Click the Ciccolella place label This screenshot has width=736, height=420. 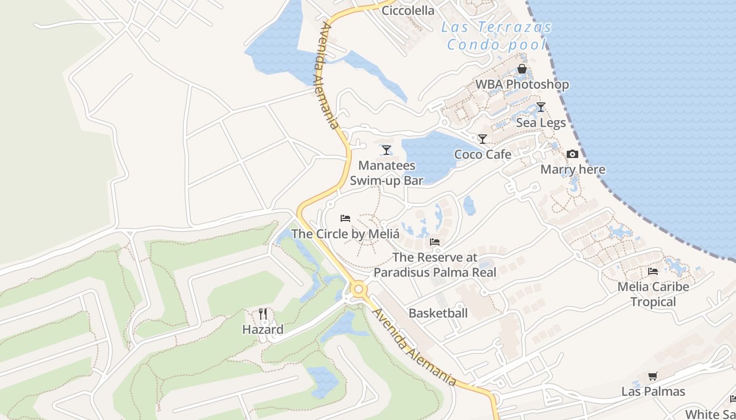[408, 10]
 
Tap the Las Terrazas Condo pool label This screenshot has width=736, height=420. [496, 36]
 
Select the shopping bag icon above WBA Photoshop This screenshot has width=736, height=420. [522, 69]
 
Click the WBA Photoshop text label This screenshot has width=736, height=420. [522, 85]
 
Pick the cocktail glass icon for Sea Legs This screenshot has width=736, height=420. [540, 107]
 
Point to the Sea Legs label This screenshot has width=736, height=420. [540, 123]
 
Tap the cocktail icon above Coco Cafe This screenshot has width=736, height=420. [482, 139]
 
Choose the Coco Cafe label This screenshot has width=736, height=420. [482, 154]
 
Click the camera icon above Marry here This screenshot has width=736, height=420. [572, 154]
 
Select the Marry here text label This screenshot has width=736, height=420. [573, 170]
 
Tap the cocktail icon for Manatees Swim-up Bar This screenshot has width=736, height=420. [386, 150]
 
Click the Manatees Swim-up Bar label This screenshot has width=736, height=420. [386, 173]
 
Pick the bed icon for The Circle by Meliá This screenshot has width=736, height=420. [345, 218]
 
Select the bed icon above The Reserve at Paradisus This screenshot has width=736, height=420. [434, 242]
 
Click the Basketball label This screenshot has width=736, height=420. [438, 313]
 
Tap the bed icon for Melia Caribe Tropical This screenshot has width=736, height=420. [653, 271]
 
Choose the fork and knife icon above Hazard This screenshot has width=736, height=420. [263, 314]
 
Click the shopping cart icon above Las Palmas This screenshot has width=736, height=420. [653, 376]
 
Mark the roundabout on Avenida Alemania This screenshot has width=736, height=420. [359, 289]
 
